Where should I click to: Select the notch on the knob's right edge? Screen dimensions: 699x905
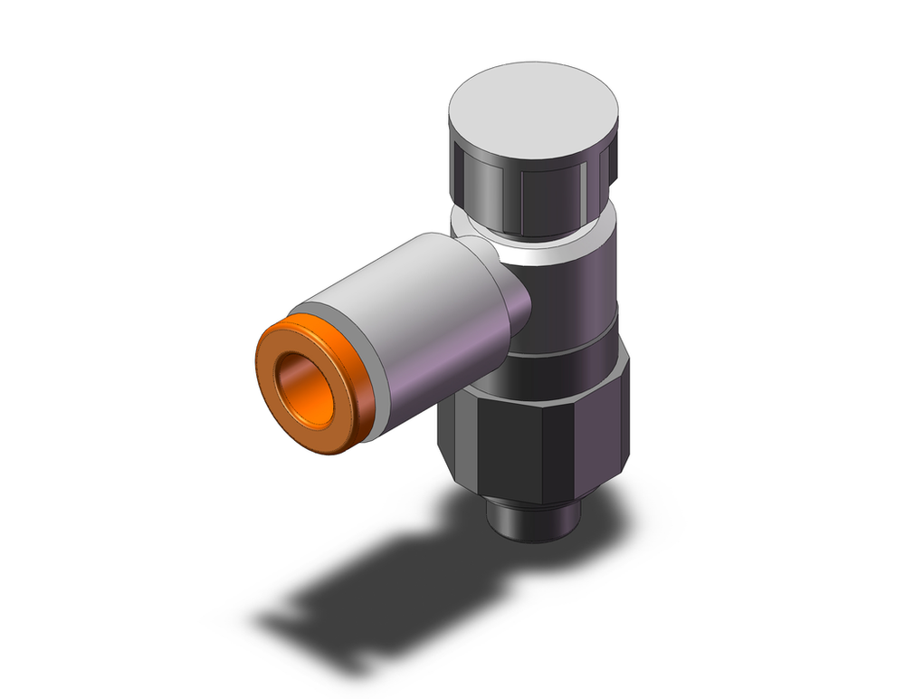click(x=611, y=166)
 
